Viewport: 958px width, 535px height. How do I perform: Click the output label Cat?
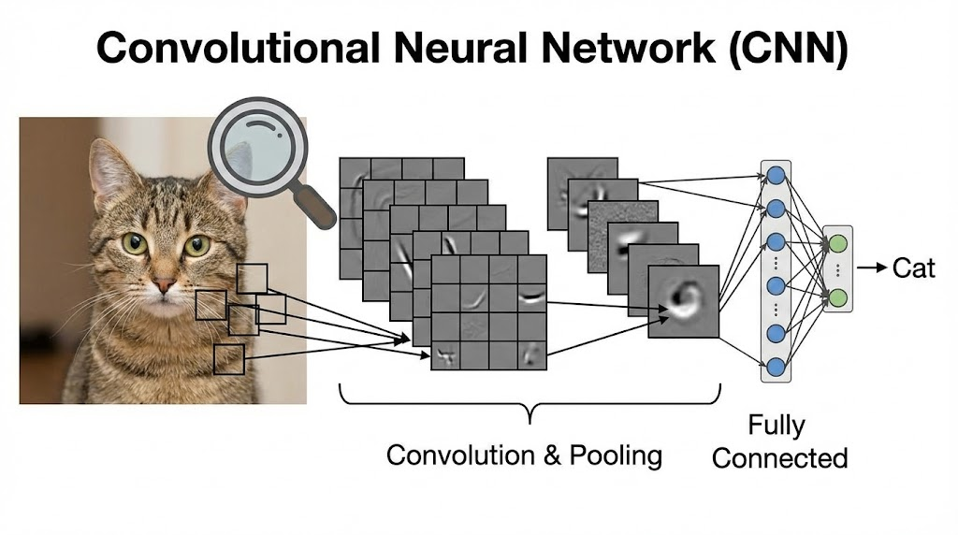(913, 268)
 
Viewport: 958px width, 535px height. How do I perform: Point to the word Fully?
(776, 426)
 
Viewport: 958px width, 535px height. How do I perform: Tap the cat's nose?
(165, 283)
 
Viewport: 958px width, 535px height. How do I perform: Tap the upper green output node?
(838, 243)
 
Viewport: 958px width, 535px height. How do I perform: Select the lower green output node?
(838, 297)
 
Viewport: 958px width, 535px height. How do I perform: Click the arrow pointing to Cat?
(872, 268)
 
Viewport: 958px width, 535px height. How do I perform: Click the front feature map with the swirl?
(685, 300)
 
